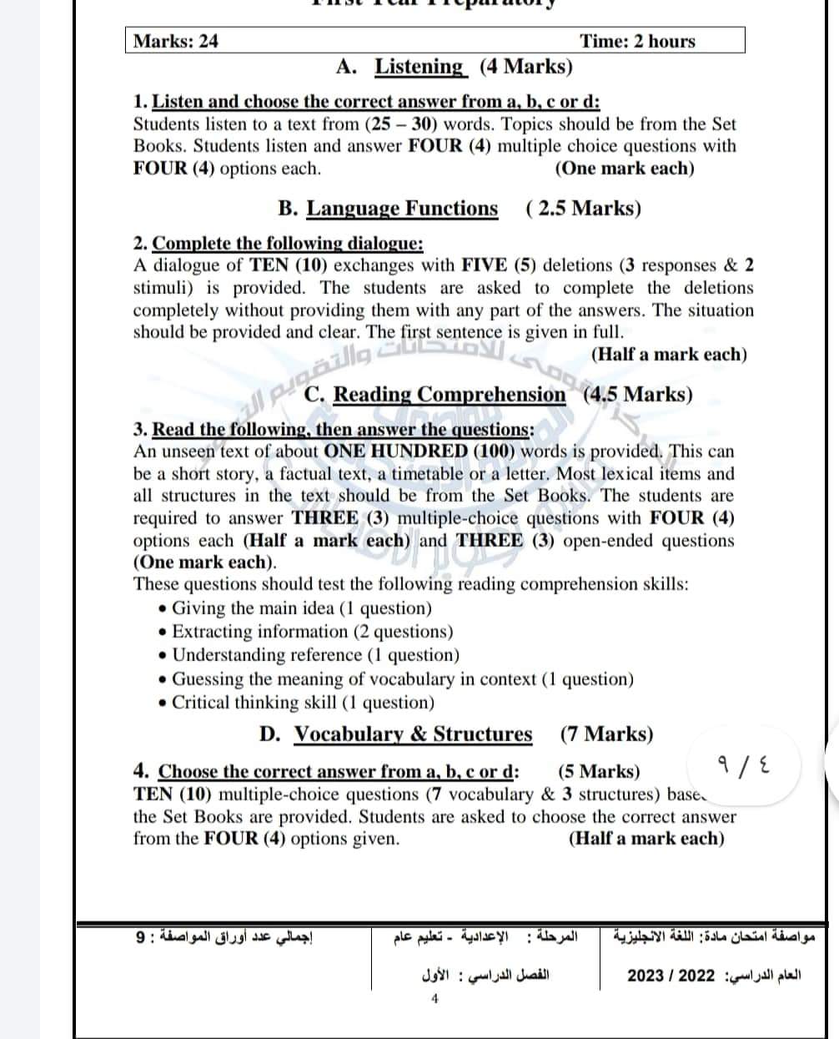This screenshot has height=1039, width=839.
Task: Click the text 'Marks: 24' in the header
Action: coord(176,41)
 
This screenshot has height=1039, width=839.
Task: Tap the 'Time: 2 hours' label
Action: coord(637,41)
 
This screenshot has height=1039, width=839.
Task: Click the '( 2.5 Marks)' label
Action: coord(584,208)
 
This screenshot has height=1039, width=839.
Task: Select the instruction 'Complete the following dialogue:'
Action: coord(289,244)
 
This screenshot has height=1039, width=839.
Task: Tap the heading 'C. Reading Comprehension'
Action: coord(435,394)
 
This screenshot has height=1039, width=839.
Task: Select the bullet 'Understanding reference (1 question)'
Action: coord(315,655)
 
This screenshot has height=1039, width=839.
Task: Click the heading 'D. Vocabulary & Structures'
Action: coord(396,734)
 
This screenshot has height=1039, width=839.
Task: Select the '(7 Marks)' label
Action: coord(606,734)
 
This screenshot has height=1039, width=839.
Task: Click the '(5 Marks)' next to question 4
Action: coord(598,771)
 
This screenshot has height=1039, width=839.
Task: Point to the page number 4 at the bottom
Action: coord(434,998)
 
